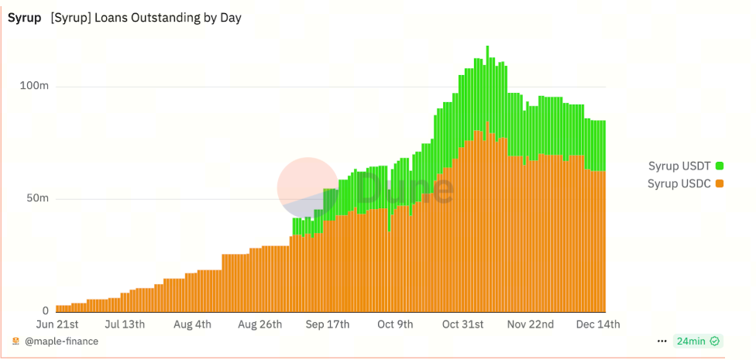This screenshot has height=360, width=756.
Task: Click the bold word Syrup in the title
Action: (24, 18)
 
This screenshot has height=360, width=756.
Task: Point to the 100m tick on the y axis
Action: (34, 85)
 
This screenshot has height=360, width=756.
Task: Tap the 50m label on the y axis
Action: (37, 198)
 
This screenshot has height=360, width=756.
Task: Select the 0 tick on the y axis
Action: (46, 310)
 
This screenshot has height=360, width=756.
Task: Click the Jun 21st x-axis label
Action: (58, 324)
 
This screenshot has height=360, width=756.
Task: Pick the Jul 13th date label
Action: (125, 324)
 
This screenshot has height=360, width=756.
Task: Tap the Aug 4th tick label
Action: (191, 324)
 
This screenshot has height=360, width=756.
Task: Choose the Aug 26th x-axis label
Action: (259, 324)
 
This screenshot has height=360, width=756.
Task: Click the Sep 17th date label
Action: (328, 324)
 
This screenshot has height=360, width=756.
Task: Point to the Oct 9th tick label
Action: (395, 324)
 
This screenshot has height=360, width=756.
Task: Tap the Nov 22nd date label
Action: (531, 324)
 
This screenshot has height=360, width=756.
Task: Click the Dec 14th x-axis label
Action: (598, 324)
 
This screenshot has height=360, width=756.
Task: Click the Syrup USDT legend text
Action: (679, 166)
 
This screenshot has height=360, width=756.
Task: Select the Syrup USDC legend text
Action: (679, 183)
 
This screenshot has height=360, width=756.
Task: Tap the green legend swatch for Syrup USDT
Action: (720, 166)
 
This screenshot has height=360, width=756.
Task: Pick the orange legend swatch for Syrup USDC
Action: (720, 183)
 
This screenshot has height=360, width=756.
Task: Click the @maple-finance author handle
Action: (61, 341)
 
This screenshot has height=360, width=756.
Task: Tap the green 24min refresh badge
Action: (698, 341)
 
